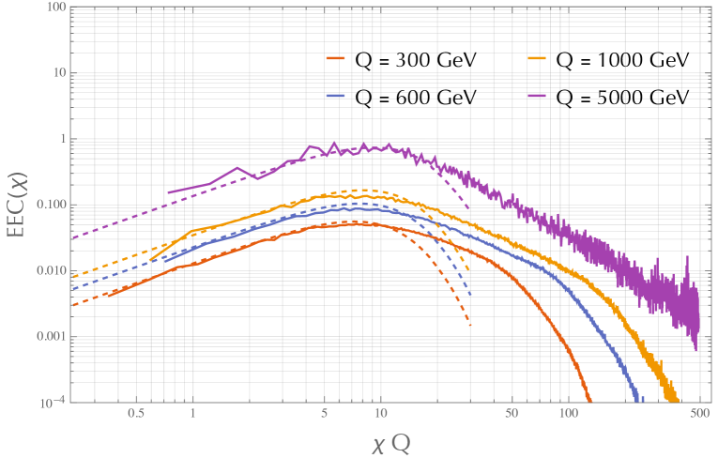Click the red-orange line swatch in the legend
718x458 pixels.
(337, 61)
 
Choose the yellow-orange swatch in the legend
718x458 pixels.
(538, 61)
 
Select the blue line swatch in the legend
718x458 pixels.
(337, 96)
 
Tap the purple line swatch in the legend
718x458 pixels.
(538, 96)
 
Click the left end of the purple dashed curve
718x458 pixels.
(71, 238)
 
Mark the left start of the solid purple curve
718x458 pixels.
(168, 192)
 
